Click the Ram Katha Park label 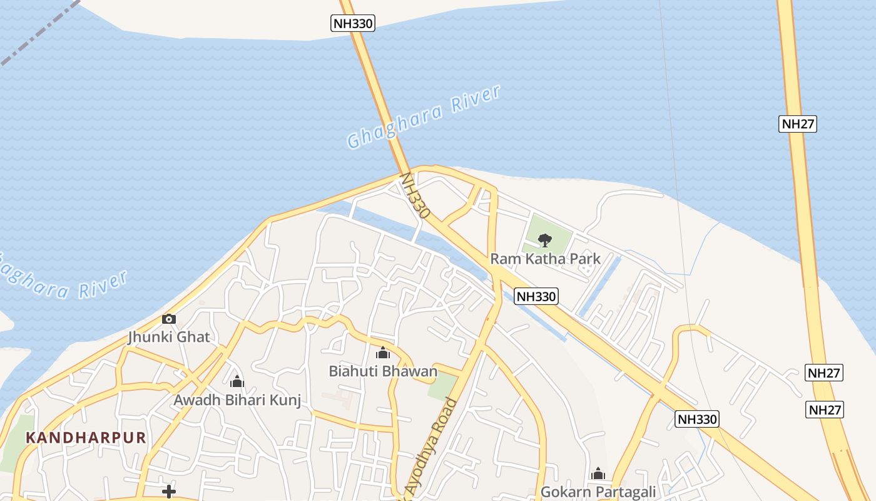[x=545, y=259]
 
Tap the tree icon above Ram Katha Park [x=545, y=239]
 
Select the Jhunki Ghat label [x=169, y=337]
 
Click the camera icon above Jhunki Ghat [x=168, y=319]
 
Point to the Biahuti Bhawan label [x=383, y=371]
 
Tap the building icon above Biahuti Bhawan [x=383, y=353]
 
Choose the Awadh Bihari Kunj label [x=237, y=400]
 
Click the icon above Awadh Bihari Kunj [x=237, y=381]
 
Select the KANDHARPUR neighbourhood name [x=86, y=438]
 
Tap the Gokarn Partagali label [x=598, y=492]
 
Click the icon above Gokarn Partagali [x=598, y=473]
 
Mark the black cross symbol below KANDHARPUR [x=168, y=492]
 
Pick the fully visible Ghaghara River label [x=424, y=117]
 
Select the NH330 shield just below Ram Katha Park [x=536, y=296]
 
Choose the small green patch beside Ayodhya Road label [x=442, y=387]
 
